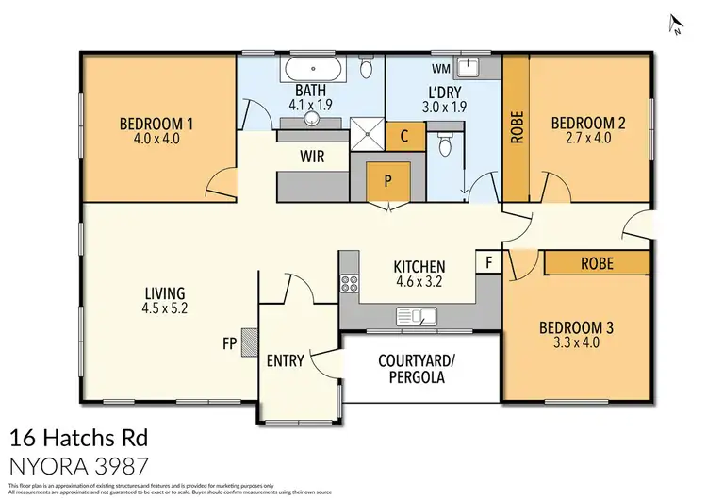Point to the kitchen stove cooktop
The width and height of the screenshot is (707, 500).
(351, 282)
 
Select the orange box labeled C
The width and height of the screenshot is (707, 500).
(403, 136)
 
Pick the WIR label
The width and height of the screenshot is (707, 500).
(313, 156)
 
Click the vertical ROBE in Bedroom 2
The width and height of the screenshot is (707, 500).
(517, 127)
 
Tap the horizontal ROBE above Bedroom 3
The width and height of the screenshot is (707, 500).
(596, 263)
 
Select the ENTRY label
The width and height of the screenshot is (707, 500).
(285, 360)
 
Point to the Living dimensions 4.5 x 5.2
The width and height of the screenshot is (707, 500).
(164, 308)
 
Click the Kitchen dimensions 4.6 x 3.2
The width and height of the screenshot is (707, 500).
(419, 281)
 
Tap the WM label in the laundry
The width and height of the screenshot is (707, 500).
(439, 68)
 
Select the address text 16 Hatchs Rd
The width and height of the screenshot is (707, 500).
(78, 439)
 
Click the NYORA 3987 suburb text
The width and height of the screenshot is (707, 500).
(79, 466)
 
